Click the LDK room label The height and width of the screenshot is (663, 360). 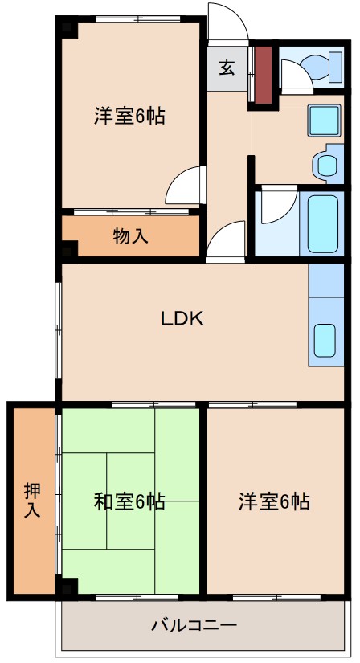pyautogui.click(x=183, y=318)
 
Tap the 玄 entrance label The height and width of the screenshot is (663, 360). pyautogui.click(x=227, y=68)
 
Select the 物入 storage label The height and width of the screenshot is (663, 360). pyautogui.click(x=130, y=237)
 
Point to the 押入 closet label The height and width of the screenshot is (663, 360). pyautogui.click(x=32, y=499)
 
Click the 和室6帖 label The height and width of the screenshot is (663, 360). pyautogui.click(x=130, y=502)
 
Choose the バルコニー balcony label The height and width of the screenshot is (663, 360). pyautogui.click(x=194, y=624)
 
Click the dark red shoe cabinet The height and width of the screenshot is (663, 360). pyautogui.click(x=263, y=76)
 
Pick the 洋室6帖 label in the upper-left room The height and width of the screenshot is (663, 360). pyautogui.click(x=130, y=117)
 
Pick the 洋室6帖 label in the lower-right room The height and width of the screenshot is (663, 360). pyautogui.click(x=274, y=502)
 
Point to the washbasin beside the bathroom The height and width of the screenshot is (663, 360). pyautogui.click(x=326, y=165)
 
